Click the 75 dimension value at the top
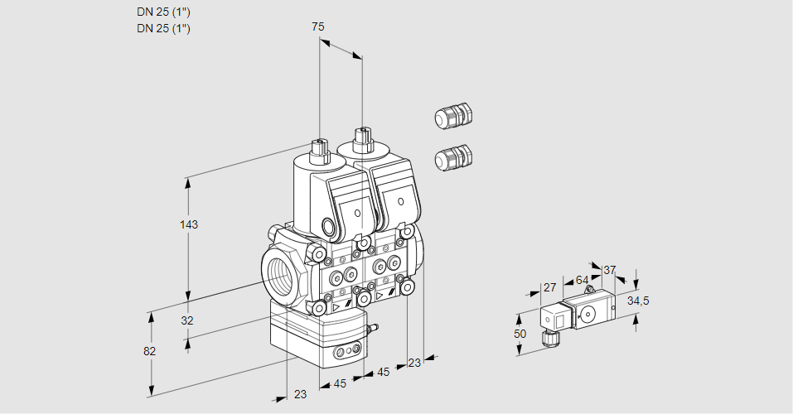coord(317,27)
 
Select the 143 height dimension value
coord(190,224)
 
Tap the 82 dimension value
coord(149,351)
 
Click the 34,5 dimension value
coord(637,301)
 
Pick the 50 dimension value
coord(520,333)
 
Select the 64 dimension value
coord(582,281)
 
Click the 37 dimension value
coord(609,270)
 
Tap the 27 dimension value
coord(549,287)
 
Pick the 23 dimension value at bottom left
coord(300,394)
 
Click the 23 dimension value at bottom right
coord(414,363)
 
